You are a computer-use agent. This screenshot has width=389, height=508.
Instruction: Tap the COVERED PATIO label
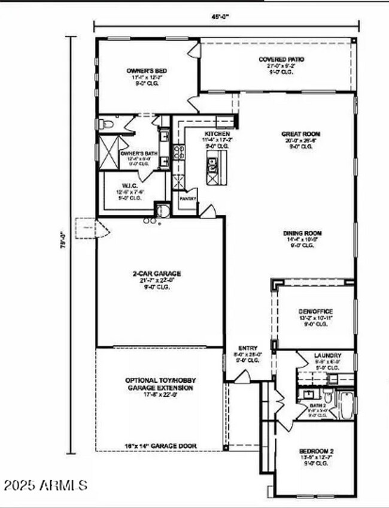[281, 59]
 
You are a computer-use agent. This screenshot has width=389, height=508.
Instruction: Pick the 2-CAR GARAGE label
[157, 274]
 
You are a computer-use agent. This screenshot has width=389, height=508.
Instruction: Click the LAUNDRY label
[327, 355]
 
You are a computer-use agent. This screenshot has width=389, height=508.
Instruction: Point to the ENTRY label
[248, 347]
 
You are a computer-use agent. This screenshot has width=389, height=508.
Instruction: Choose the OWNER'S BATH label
[139, 153]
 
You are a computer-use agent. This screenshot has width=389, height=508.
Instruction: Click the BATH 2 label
[317, 406]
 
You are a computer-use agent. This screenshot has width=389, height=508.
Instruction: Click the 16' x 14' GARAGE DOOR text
[160, 446]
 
